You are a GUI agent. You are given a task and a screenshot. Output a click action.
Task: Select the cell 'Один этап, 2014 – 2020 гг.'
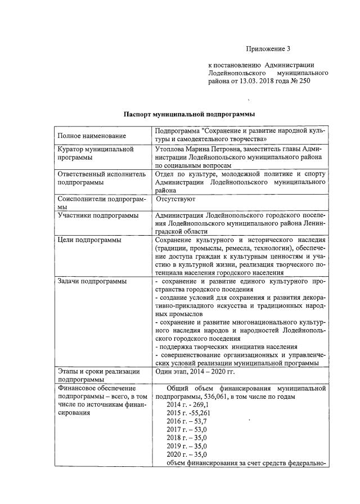(x=197, y=371)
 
